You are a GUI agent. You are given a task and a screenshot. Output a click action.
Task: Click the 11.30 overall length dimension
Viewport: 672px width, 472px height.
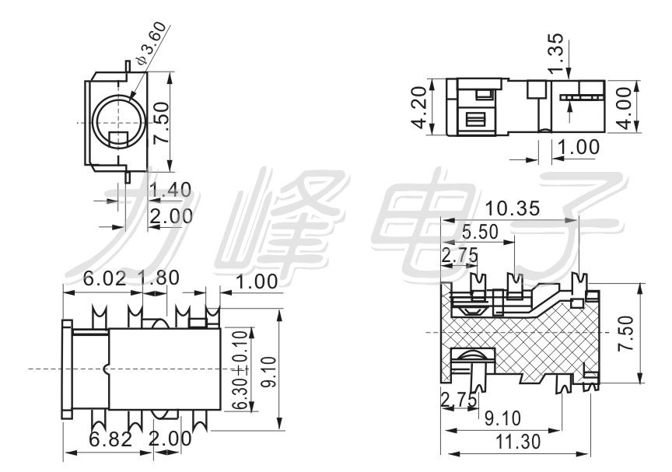click(x=520, y=442)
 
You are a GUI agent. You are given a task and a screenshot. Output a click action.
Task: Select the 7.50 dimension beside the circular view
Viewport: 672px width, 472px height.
click(x=161, y=121)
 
